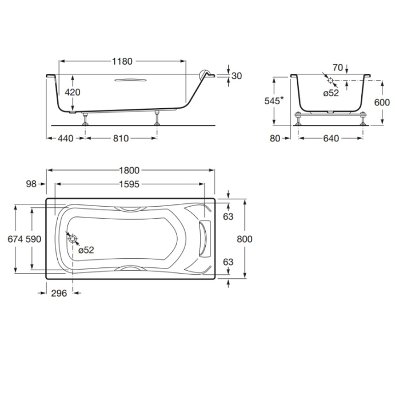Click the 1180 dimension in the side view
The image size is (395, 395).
(x=123, y=61)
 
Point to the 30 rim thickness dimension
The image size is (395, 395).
(x=237, y=76)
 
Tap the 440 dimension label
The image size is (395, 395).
(x=65, y=138)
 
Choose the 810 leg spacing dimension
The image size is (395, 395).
(x=120, y=138)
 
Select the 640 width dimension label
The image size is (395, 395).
(x=331, y=138)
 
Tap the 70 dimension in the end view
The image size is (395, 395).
(x=337, y=68)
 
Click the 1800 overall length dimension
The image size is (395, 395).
(x=130, y=171)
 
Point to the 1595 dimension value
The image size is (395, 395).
(x=130, y=184)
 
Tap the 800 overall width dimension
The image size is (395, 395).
(x=245, y=239)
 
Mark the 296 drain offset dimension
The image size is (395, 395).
(x=59, y=293)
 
